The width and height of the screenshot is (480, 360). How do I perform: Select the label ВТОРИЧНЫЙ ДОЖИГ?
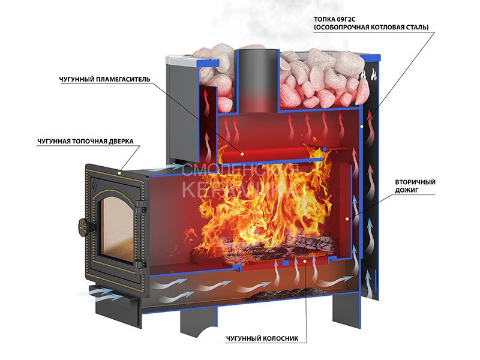[415, 185]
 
